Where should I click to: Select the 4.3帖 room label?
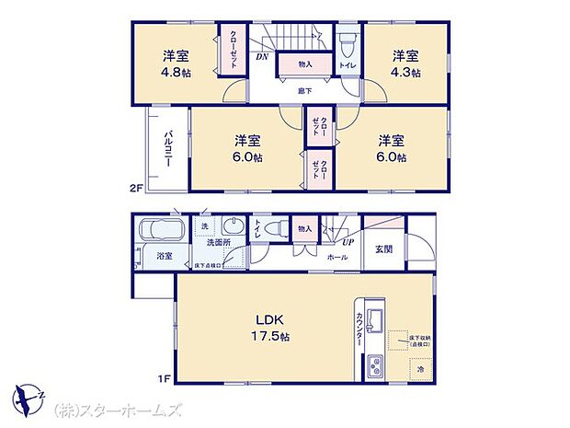tap(405, 64)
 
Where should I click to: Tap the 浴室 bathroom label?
tap(164, 255)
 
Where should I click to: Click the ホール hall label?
tap(336, 258)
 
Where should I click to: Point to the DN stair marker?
tap(262, 57)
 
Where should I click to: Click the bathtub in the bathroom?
tap(160, 230)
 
